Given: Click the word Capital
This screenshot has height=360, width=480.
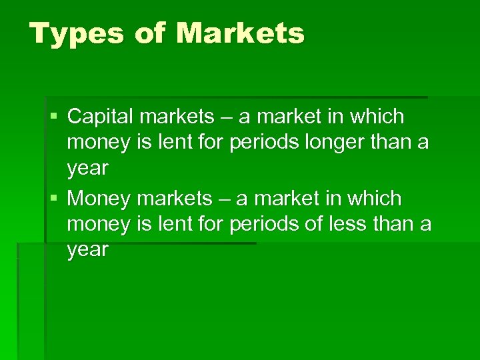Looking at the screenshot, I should pyautogui.click(x=101, y=117).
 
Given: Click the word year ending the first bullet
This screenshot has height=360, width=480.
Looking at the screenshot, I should pyautogui.click(x=87, y=169).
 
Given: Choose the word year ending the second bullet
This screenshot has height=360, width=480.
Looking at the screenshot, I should pyautogui.click(x=87, y=251).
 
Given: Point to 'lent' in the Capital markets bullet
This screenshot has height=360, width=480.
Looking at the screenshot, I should pyautogui.click(x=175, y=143).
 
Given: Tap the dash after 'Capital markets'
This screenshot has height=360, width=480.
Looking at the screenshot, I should pyautogui.click(x=227, y=118).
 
